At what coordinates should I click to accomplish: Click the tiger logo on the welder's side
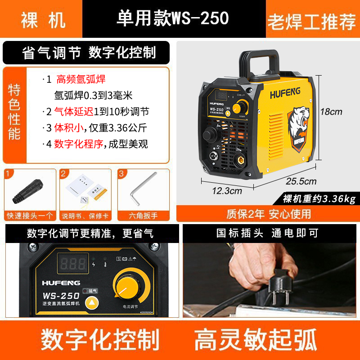tap(297, 126)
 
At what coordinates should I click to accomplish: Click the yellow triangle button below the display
tap(92, 302)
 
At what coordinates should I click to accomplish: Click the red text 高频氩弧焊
tap(81, 80)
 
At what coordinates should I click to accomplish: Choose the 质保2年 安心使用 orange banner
tap(268, 213)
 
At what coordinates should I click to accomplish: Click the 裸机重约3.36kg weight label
tap(319, 198)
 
